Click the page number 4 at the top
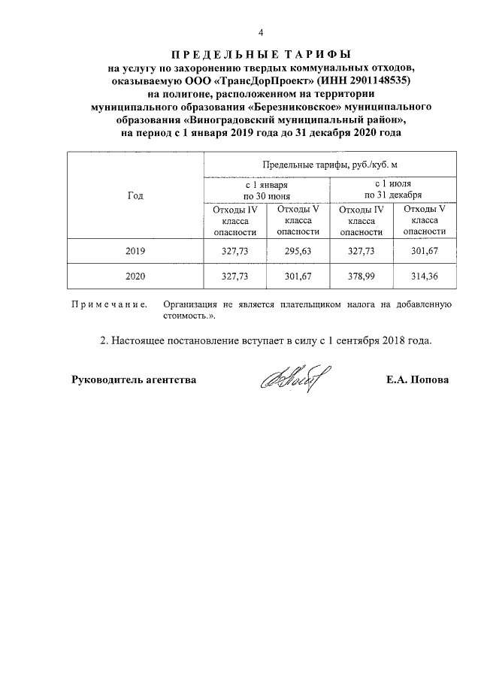[x=261, y=32]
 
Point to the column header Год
[x=135, y=195]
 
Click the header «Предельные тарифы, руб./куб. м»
[x=329, y=163]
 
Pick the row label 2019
[x=135, y=250]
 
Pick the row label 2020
[x=135, y=276]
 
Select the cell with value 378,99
[x=361, y=276]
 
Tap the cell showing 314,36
[x=425, y=276]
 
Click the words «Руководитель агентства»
[x=134, y=379]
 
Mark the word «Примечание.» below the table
[x=108, y=304]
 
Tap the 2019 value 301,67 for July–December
[x=425, y=250]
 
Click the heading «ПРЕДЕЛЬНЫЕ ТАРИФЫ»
[x=261, y=54]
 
